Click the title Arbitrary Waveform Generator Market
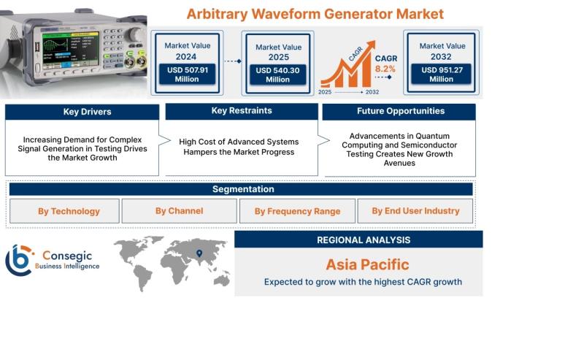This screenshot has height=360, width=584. tap(315, 14)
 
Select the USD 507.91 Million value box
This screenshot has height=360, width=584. tap(187, 74)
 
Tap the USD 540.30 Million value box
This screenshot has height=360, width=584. tap(278, 74)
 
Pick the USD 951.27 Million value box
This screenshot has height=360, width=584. tap(441, 74)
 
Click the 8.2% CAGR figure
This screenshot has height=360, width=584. tap(385, 69)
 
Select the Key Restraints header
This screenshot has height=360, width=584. tap(242, 111)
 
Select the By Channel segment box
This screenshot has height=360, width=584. tap(179, 211)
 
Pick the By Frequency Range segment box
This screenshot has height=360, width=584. tap(297, 211)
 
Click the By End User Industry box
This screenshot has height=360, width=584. tap(415, 211)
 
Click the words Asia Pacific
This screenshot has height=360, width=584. tap(367, 264)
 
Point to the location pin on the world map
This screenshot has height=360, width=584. tap(199, 253)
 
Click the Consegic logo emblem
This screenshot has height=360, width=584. tap(19, 260)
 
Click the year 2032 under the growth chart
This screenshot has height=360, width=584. tap(372, 92)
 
